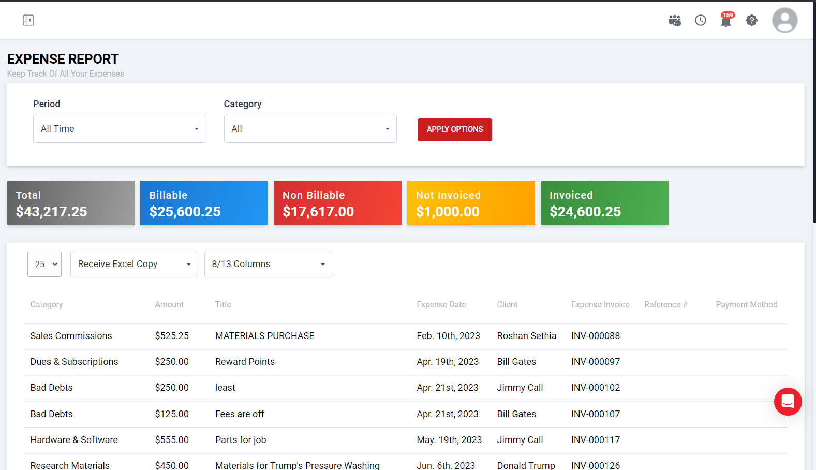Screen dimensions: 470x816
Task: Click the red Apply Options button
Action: tap(454, 129)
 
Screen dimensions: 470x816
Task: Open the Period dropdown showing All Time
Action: tap(120, 129)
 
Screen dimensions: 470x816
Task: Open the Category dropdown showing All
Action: tap(310, 129)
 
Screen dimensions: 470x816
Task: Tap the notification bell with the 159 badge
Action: tap(726, 21)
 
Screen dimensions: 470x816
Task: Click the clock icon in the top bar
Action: tap(700, 20)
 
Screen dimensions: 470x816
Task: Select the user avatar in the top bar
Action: tap(784, 20)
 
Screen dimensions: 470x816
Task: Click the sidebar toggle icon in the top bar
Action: tap(28, 20)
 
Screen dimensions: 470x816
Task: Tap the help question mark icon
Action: tap(751, 20)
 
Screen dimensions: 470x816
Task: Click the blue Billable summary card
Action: tap(204, 203)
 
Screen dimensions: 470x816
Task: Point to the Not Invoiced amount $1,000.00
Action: tap(448, 212)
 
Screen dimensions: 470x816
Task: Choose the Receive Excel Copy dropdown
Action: tap(134, 265)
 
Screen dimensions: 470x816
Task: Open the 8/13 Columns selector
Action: tap(268, 265)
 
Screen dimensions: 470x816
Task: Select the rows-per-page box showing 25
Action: tap(44, 265)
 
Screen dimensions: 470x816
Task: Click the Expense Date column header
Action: tap(441, 305)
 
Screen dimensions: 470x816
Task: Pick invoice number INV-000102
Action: tap(595, 388)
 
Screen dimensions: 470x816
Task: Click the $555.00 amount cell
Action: tap(172, 440)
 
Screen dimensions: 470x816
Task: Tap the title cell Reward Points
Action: tap(245, 362)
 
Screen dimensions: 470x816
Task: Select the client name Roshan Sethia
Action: tap(526, 336)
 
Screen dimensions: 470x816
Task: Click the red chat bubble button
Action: tap(788, 401)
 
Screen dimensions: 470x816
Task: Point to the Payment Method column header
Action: tap(746, 305)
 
